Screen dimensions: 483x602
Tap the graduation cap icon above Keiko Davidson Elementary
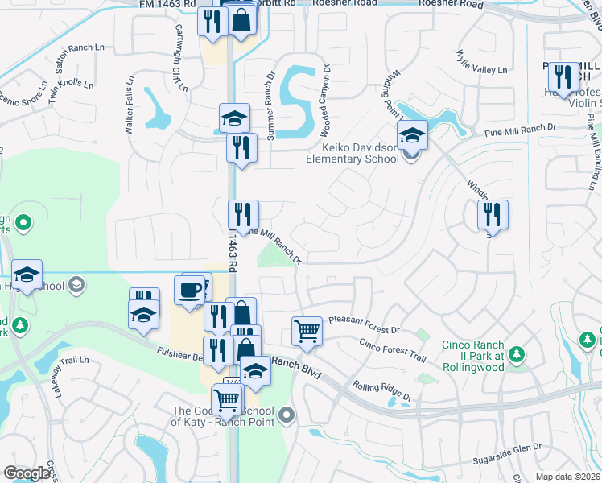[412, 134]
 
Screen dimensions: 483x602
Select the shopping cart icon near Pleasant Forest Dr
[307, 329]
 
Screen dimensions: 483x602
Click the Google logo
[27, 473]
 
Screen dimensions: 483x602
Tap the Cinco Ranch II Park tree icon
[516, 354]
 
